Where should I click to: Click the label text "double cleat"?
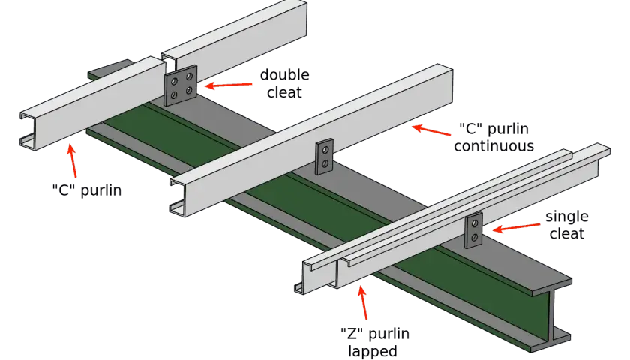[284, 83]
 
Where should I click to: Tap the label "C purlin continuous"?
[493, 137]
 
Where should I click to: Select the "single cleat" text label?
[566, 225]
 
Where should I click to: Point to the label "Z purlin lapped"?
[374, 342]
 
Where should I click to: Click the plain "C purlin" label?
[87, 190]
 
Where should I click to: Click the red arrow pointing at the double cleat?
[228, 85]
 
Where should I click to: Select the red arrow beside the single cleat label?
[516, 228]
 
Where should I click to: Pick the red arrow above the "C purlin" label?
[73, 161]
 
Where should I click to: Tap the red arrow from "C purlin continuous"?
[431, 130]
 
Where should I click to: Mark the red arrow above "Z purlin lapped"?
[363, 302]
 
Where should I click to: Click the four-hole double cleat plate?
[181, 85]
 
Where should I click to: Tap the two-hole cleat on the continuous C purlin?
[324, 157]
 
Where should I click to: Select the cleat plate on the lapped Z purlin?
[474, 229]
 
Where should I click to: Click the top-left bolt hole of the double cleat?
[174, 82]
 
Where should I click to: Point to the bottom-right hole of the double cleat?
[188, 91]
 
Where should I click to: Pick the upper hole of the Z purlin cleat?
[475, 223]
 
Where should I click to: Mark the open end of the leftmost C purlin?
[28, 131]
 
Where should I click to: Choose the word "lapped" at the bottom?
[372, 351]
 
